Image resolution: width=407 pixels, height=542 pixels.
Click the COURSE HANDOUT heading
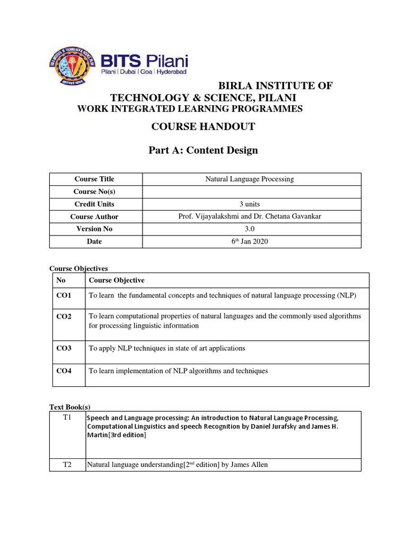point(203,127)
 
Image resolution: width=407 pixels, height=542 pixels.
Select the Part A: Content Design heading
point(203,150)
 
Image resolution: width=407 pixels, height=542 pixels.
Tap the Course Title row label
point(94,179)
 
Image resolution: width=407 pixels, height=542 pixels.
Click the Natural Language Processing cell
point(249,179)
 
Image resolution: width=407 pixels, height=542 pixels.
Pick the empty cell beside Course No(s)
point(249,191)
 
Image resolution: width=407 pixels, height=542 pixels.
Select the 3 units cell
point(249,204)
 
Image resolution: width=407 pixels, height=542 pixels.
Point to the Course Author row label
point(94,216)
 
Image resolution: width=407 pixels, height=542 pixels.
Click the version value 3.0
point(249,229)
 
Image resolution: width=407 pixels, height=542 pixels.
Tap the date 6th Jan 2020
point(249,241)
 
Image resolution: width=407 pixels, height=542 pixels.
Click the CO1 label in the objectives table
point(64,295)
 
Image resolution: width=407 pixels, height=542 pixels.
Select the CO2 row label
point(64,316)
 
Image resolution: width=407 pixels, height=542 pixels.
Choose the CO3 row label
point(64,348)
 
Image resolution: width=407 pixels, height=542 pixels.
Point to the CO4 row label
point(64,371)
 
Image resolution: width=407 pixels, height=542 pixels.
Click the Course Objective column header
point(117,280)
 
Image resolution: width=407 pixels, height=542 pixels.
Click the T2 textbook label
point(67,465)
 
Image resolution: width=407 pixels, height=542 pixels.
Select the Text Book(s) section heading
point(70,406)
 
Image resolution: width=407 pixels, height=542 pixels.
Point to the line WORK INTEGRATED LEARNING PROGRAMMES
point(190,109)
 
